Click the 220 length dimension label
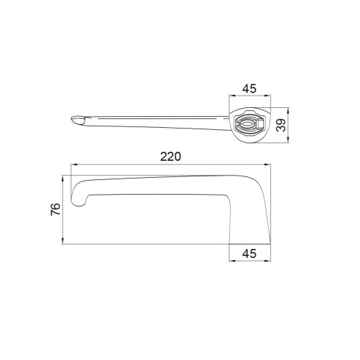point(170,156)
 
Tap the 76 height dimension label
point(56,209)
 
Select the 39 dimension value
point(281,125)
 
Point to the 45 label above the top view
point(249,88)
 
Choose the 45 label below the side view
point(249,253)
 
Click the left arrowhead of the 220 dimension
point(73,165)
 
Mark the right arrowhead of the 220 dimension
point(268,165)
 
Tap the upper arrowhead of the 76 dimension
point(63,178)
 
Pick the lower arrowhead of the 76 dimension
point(63,242)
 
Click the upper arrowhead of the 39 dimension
point(289,110)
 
